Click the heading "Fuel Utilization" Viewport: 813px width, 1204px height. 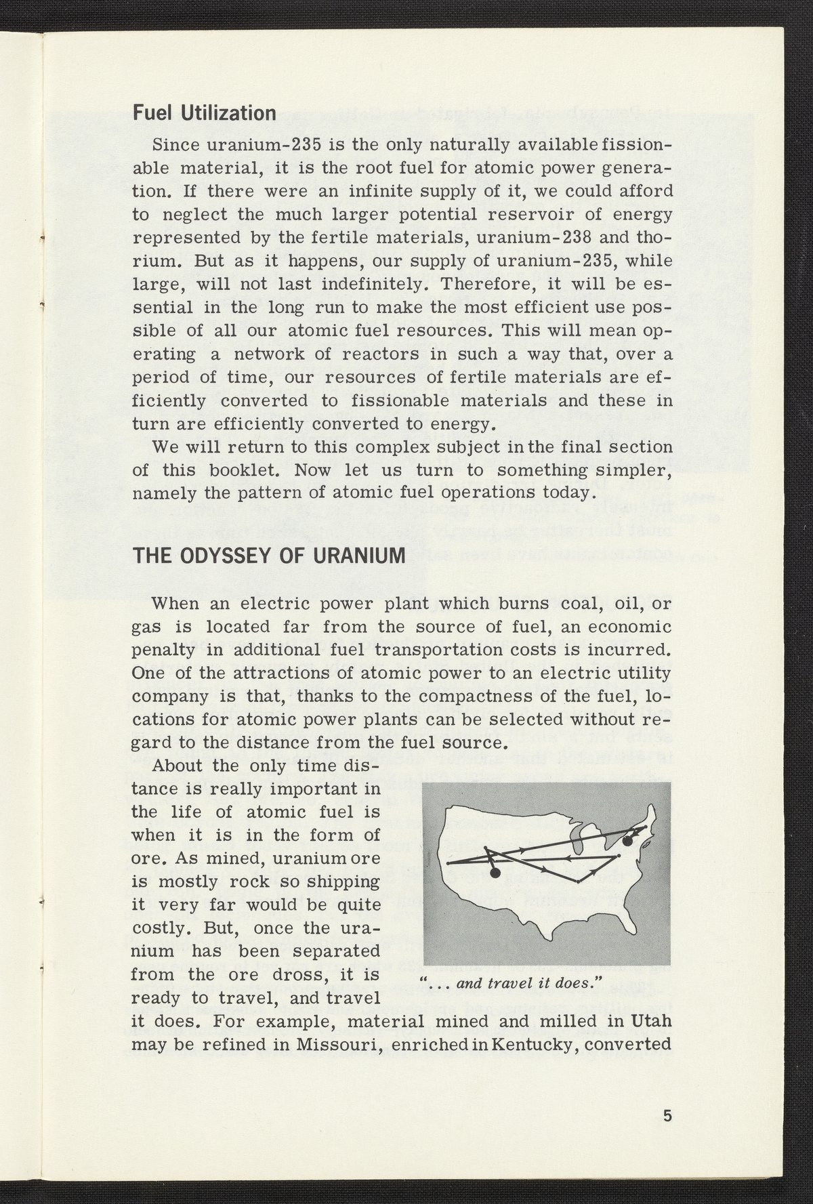click(x=204, y=112)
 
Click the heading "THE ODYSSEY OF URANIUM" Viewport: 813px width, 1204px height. click(x=268, y=556)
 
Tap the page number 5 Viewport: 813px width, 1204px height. click(x=667, y=1115)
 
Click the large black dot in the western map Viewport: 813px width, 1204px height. click(x=495, y=873)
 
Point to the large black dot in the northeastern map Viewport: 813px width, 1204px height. click(x=627, y=841)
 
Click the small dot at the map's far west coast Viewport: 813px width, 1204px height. click(x=447, y=864)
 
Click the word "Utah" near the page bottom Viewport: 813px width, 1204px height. click(x=651, y=1021)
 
